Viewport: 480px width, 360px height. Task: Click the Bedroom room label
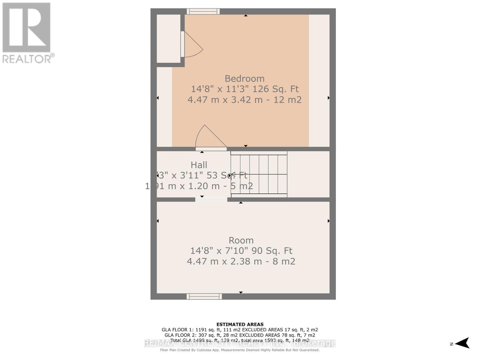pyautogui.click(x=244, y=79)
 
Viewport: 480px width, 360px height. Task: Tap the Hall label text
pyautogui.click(x=199, y=165)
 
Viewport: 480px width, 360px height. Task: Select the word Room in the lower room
pyautogui.click(x=241, y=240)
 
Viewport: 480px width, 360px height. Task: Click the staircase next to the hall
pyautogui.click(x=259, y=174)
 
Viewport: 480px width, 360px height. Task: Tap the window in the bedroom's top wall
pyautogui.click(x=203, y=11)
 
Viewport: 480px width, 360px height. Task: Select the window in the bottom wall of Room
pyautogui.click(x=204, y=296)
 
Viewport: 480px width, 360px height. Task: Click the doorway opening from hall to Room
pyautogui.click(x=211, y=199)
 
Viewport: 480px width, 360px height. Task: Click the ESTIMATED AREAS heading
pyautogui.click(x=240, y=324)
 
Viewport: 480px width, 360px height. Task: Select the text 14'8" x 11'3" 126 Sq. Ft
pyautogui.click(x=244, y=89)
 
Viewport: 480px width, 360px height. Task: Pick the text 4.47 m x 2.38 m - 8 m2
pyautogui.click(x=241, y=261)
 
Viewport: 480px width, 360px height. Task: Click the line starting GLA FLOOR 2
pyautogui.click(x=240, y=335)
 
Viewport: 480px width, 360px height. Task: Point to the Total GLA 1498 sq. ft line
pyautogui.click(x=240, y=340)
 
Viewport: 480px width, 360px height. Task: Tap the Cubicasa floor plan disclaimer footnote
pyautogui.click(x=240, y=350)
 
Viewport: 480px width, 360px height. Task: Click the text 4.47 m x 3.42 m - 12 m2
pyautogui.click(x=244, y=100)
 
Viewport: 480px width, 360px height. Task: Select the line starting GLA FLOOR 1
pyautogui.click(x=240, y=330)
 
